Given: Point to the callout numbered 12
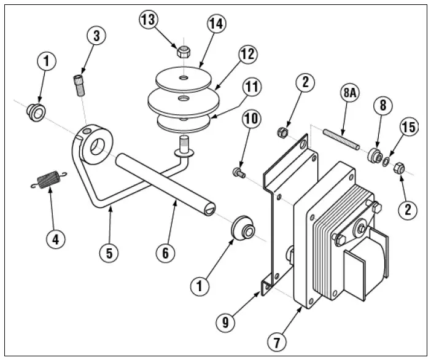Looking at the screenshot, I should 247,53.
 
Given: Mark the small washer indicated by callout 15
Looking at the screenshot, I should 385,161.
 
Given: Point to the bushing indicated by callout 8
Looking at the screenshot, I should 373,155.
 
